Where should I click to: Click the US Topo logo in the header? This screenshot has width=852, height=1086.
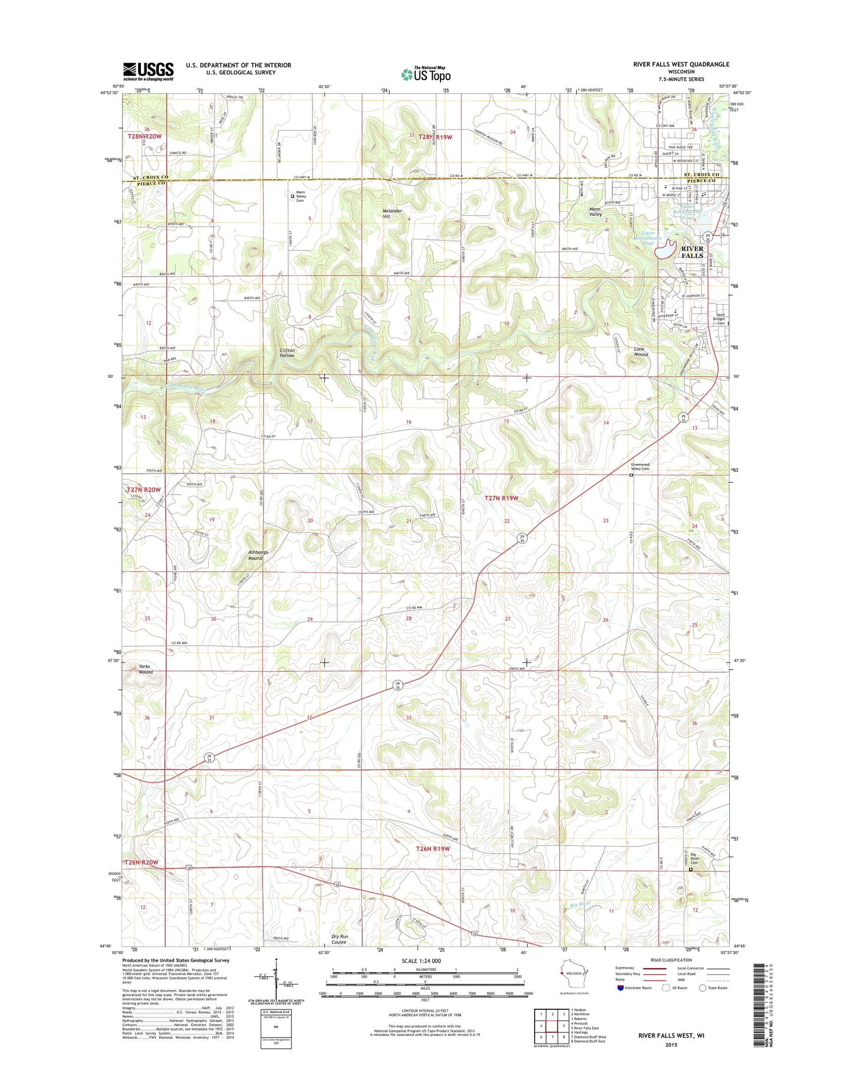426,74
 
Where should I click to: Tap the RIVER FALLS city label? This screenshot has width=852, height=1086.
692,252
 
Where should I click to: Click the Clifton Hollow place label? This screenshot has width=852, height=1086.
287,353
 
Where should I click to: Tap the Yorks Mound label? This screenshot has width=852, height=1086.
145,669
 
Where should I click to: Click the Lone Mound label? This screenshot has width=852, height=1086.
640,351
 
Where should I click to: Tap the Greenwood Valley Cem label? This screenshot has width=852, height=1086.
640,466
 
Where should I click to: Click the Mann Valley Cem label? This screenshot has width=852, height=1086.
301,196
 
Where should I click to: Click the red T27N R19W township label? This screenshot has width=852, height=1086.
501,498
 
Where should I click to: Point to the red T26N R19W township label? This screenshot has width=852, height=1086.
433,848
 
